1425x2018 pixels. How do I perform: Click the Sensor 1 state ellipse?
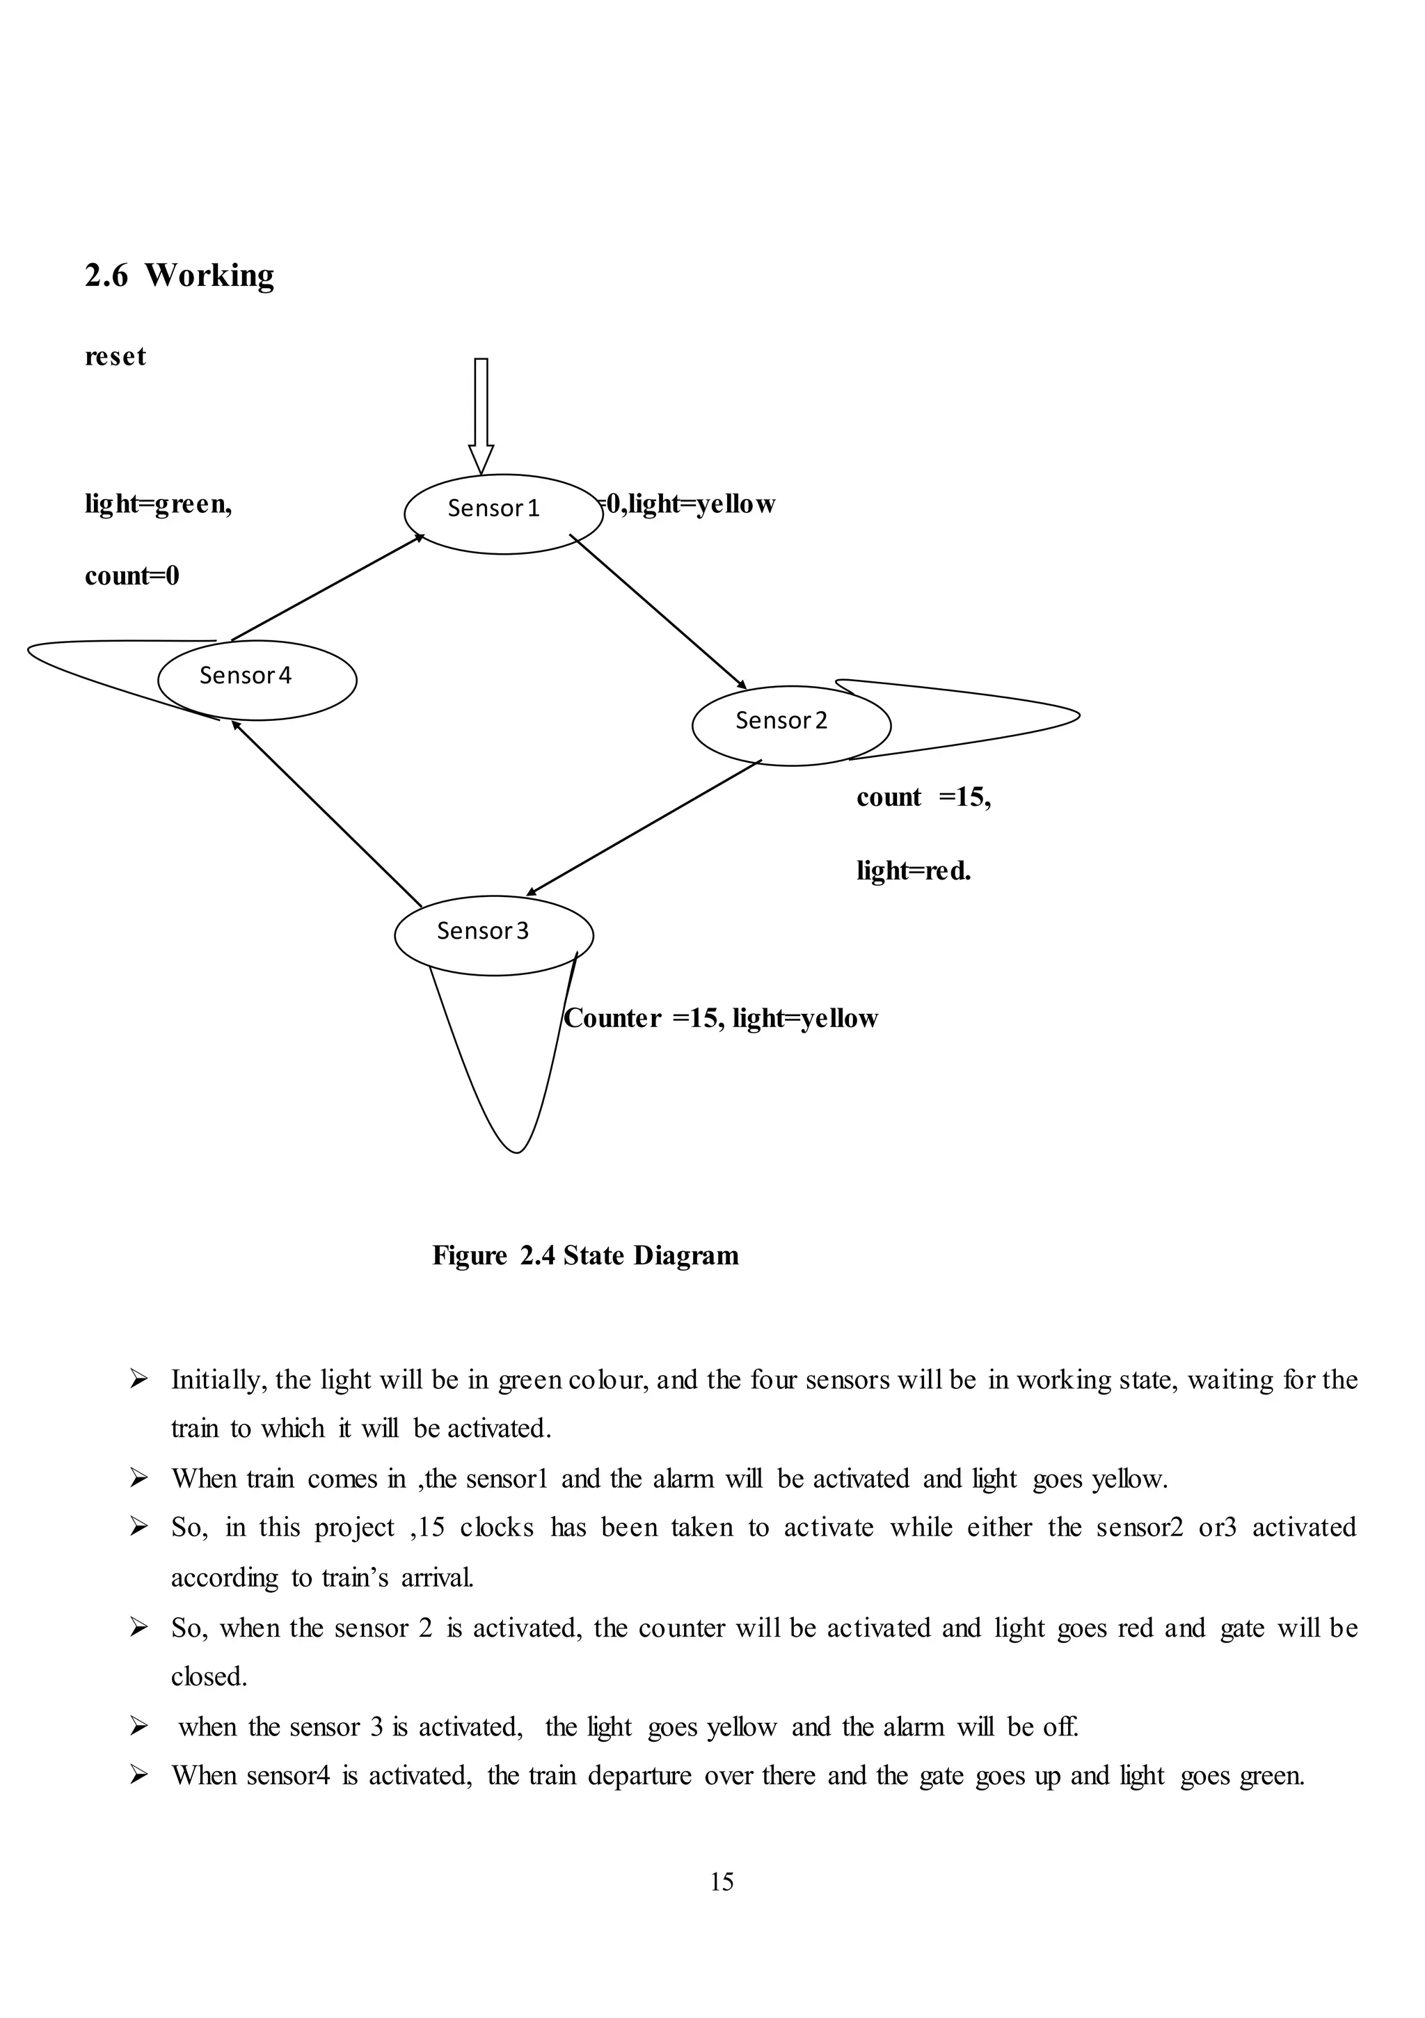pos(503,514)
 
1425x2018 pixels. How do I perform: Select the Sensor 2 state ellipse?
pos(790,725)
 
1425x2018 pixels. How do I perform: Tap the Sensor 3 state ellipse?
pos(493,935)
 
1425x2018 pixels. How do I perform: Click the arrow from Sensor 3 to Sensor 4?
pos(327,814)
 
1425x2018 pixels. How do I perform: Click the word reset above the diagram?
pos(116,356)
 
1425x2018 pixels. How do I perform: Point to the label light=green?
pos(158,504)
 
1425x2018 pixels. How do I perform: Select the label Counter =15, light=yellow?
pos(721,1018)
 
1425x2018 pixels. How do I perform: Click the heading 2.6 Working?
pos(180,275)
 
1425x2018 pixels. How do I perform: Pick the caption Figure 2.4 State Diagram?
pos(585,1255)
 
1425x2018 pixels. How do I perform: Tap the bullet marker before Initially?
pos(138,1380)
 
